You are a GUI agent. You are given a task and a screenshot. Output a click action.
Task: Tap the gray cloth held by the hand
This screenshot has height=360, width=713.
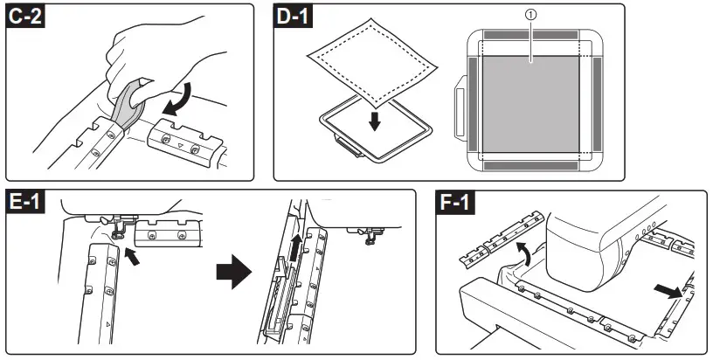pos(129,104)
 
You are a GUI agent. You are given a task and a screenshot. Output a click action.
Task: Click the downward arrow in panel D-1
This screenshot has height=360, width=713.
pos(375,119)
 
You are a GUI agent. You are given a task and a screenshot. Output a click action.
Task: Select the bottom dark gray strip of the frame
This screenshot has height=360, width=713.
pos(531,163)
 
